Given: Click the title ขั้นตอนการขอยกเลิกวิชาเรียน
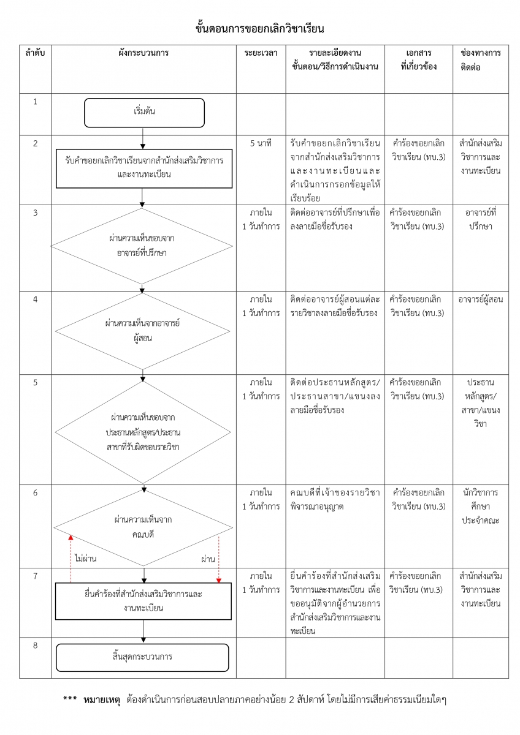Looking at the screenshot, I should [x=260, y=29].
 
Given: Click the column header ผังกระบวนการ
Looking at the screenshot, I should [x=143, y=53].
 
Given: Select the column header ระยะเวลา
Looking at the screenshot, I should [x=261, y=53].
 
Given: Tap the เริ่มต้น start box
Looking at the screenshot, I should [x=144, y=113].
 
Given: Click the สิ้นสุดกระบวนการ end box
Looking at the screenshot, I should [x=142, y=657].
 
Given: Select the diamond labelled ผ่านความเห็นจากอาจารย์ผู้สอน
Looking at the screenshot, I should [x=142, y=330].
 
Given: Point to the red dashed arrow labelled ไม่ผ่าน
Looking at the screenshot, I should [x=71, y=557].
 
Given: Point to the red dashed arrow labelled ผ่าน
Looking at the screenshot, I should [x=218, y=557].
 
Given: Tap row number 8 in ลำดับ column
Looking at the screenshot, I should [x=35, y=645].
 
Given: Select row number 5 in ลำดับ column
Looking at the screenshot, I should [x=35, y=383].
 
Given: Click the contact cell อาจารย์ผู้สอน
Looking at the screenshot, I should [x=480, y=300].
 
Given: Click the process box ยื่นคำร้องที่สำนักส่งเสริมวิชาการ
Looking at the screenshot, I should [x=143, y=601].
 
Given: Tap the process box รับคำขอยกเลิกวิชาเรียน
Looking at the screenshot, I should [x=144, y=167].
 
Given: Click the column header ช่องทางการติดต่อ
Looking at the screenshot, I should [x=480, y=60].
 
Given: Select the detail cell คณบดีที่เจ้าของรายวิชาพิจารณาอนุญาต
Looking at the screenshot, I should [x=335, y=499].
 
